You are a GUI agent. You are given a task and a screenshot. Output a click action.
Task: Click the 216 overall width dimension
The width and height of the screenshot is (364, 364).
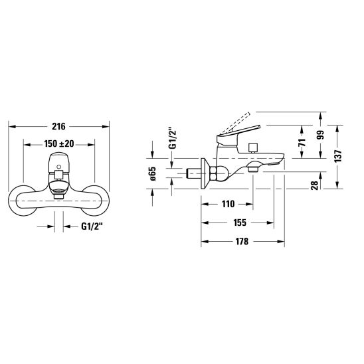(x=58, y=126)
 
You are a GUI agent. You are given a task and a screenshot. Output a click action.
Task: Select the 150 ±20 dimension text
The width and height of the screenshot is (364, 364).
(x=59, y=144)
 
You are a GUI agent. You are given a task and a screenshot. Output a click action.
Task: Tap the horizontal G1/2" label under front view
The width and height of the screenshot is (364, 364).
(x=92, y=226)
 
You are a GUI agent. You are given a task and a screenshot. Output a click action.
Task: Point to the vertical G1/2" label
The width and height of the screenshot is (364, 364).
(x=173, y=138)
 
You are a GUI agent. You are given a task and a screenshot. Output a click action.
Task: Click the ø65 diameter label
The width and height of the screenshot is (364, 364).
(x=153, y=173)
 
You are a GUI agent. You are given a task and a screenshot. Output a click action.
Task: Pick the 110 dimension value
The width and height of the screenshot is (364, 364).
(x=228, y=205)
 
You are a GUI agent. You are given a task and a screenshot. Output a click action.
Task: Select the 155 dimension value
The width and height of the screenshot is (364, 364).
(x=240, y=223)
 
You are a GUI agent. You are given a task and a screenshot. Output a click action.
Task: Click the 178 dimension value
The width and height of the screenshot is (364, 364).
(x=242, y=241)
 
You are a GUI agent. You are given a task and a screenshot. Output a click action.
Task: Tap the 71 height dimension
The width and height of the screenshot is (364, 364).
(x=302, y=142)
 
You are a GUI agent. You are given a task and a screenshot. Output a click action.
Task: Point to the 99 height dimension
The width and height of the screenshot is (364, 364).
(x=320, y=135)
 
